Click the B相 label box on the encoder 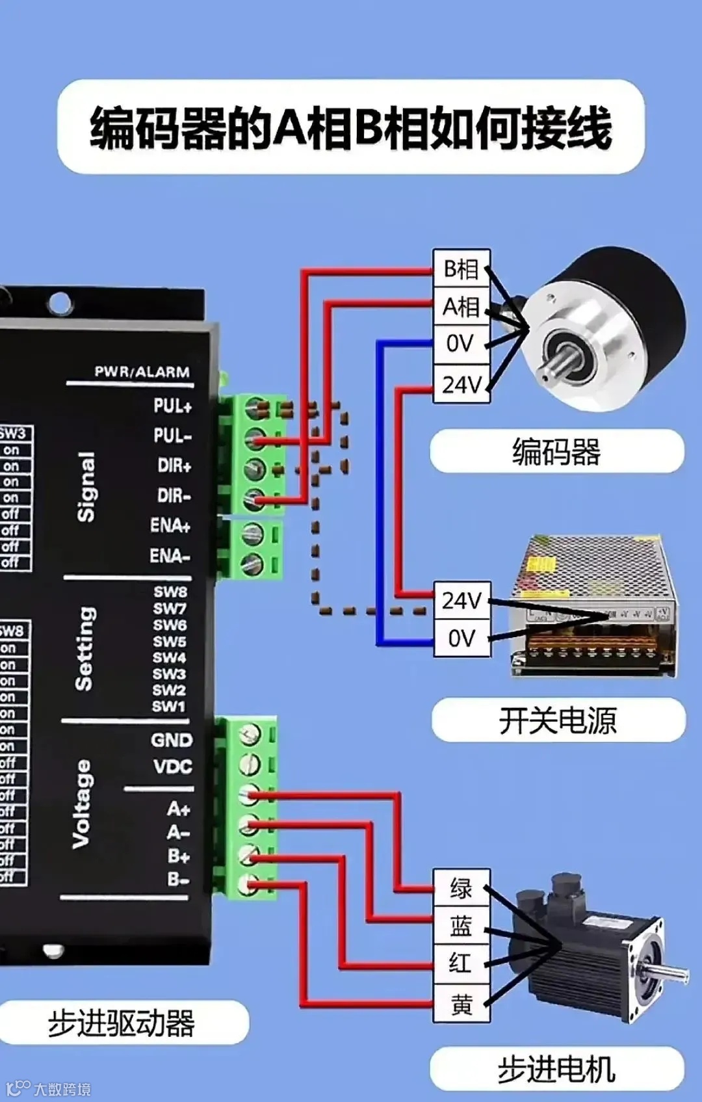pos(461,269)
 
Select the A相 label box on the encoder pos(461,306)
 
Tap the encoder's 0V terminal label pos(461,344)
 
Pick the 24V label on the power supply pos(461,600)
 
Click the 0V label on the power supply pos(461,638)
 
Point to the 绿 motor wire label pos(461,888)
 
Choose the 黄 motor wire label pos(461,1004)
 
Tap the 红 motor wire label pos(461,963)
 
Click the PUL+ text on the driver pos(173,406)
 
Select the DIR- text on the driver pos(174,496)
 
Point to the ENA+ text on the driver pos(170,525)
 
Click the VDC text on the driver pos(173,767)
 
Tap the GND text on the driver pos(172,741)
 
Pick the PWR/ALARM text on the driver pos(142,372)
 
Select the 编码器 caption pos(556,451)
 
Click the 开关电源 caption pos(558,720)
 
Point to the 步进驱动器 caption pos(122,1023)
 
